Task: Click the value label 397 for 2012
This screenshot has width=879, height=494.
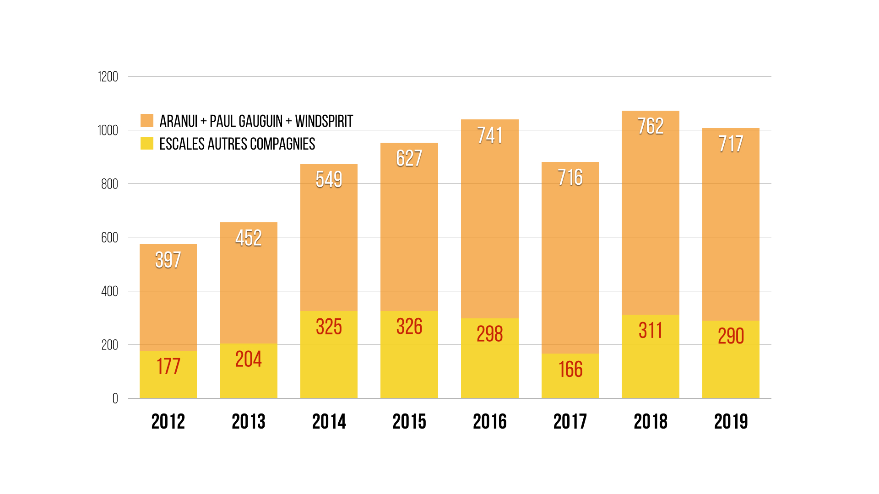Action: (168, 260)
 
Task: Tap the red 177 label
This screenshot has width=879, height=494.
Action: (168, 366)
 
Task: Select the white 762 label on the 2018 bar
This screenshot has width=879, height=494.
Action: (650, 126)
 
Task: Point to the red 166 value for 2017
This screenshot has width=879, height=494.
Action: (570, 369)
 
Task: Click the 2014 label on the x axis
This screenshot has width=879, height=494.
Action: (329, 421)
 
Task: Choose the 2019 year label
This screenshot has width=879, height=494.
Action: (731, 421)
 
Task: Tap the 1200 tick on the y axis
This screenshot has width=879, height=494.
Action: (108, 77)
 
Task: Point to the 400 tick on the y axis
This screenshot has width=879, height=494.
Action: (109, 291)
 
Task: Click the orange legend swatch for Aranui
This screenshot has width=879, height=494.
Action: (147, 121)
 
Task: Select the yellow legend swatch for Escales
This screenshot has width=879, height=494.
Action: (147, 143)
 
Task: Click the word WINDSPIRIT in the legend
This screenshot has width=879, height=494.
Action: (324, 121)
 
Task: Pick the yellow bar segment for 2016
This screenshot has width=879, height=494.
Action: (489, 366)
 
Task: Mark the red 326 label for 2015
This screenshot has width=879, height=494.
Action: (409, 327)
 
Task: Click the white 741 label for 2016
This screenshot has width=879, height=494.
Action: (489, 135)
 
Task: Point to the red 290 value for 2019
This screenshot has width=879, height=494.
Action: (731, 336)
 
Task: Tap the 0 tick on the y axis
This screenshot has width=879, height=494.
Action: (115, 398)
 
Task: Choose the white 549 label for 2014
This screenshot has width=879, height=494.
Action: (329, 179)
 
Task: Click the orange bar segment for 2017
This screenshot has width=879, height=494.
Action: (570, 265)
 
